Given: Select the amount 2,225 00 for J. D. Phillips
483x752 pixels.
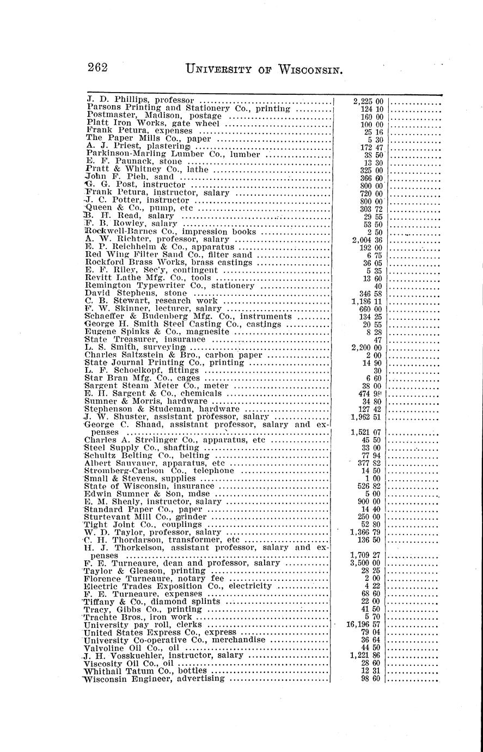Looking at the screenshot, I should [x=368, y=101].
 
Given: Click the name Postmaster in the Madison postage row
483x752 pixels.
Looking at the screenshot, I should [x=107, y=116].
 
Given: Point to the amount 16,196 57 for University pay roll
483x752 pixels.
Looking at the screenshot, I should [x=365, y=624].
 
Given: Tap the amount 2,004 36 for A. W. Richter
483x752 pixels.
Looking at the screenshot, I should [x=368, y=239].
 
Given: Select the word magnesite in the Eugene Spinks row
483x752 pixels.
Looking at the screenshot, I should [x=207, y=331].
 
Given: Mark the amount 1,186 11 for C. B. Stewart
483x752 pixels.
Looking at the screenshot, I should [x=368, y=300].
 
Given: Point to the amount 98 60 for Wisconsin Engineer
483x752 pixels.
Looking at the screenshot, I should [x=372, y=678].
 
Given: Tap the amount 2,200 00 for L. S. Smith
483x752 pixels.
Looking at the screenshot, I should [x=368, y=347].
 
